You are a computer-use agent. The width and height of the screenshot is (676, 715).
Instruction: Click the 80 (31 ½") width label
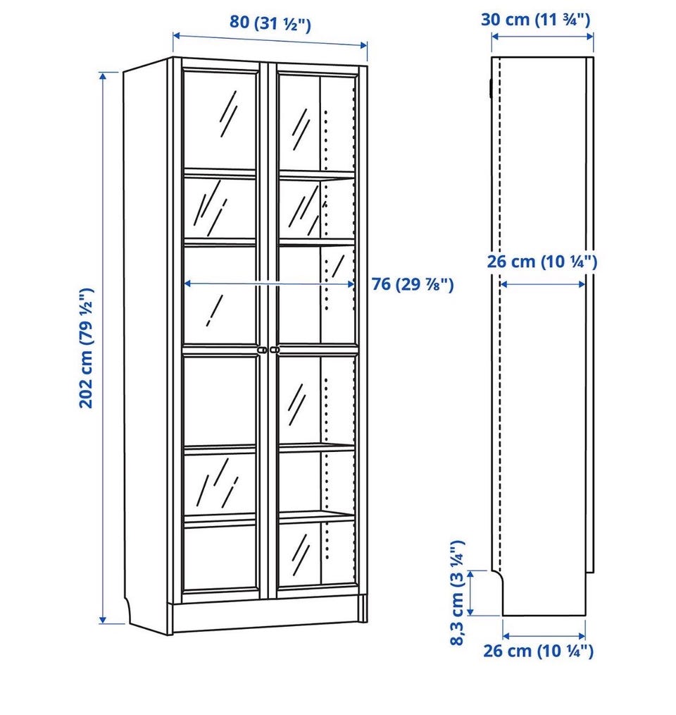pyautogui.click(x=270, y=23)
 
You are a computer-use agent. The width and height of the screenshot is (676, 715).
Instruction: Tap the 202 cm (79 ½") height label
pyautogui.click(x=87, y=348)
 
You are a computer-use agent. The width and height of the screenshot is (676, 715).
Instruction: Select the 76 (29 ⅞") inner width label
pyautogui.click(x=413, y=285)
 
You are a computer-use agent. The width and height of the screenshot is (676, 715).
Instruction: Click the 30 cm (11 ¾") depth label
pyautogui.click(x=536, y=20)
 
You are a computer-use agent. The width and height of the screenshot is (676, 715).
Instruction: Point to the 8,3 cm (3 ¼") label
pyautogui.click(x=457, y=593)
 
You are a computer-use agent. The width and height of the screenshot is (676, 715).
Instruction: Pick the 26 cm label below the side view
pyautogui.click(x=539, y=651)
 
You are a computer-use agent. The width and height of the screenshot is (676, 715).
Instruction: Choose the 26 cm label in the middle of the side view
pyautogui.click(x=542, y=262)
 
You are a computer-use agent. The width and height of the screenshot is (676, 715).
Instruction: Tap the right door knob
pyautogui.click(x=274, y=350)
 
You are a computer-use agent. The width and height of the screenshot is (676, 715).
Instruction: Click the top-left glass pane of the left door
pyautogui.click(x=220, y=120)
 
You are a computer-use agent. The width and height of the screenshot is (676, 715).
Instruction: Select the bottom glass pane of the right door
pyautogui.click(x=316, y=553)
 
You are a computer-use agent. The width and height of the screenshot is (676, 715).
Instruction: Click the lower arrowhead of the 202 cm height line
pyautogui.click(x=103, y=619)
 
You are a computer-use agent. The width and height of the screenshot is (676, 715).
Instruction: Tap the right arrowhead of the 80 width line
pyautogui.click(x=363, y=44)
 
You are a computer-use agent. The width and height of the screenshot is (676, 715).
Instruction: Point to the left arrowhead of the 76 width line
pyautogui.click(x=188, y=284)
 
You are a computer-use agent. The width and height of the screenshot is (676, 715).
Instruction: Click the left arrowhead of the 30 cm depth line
pyautogui.click(x=496, y=36)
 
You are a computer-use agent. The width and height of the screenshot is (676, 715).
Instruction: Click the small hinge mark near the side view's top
pyautogui.click(x=490, y=87)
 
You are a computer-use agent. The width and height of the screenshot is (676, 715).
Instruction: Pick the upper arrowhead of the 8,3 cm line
pyautogui.click(x=471, y=575)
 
